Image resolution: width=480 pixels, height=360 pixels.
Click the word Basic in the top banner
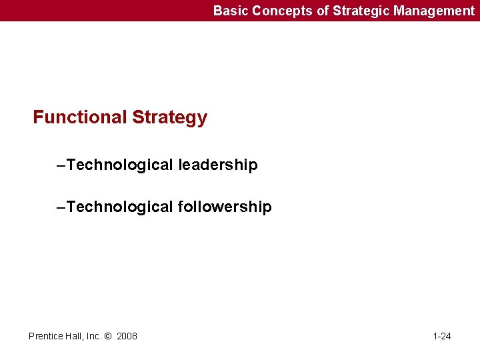pyautogui.click(x=228, y=11)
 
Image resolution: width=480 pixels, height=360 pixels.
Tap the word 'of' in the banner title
pyautogui.click(x=305, y=11)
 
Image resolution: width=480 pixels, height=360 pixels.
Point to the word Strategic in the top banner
pyautogui.click(x=337, y=11)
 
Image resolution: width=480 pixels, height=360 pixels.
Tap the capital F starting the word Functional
pyautogui.click(x=39, y=118)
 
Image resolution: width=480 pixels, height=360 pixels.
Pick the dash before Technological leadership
pyautogui.click(x=61, y=165)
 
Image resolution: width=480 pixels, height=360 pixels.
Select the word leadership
pyautogui.click(x=217, y=165)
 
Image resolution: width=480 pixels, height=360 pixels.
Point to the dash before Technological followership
pyautogui.click(x=61, y=207)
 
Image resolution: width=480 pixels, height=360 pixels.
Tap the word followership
pyautogui.click(x=225, y=207)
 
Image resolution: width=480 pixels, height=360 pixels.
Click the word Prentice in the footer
pyautogui.click(x=45, y=336)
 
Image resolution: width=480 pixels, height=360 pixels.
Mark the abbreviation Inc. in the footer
pyautogui.click(x=93, y=336)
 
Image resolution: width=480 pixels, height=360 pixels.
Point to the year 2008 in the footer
pyautogui.click(x=127, y=336)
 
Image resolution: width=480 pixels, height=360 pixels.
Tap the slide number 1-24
pyautogui.click(x=442, y=336)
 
